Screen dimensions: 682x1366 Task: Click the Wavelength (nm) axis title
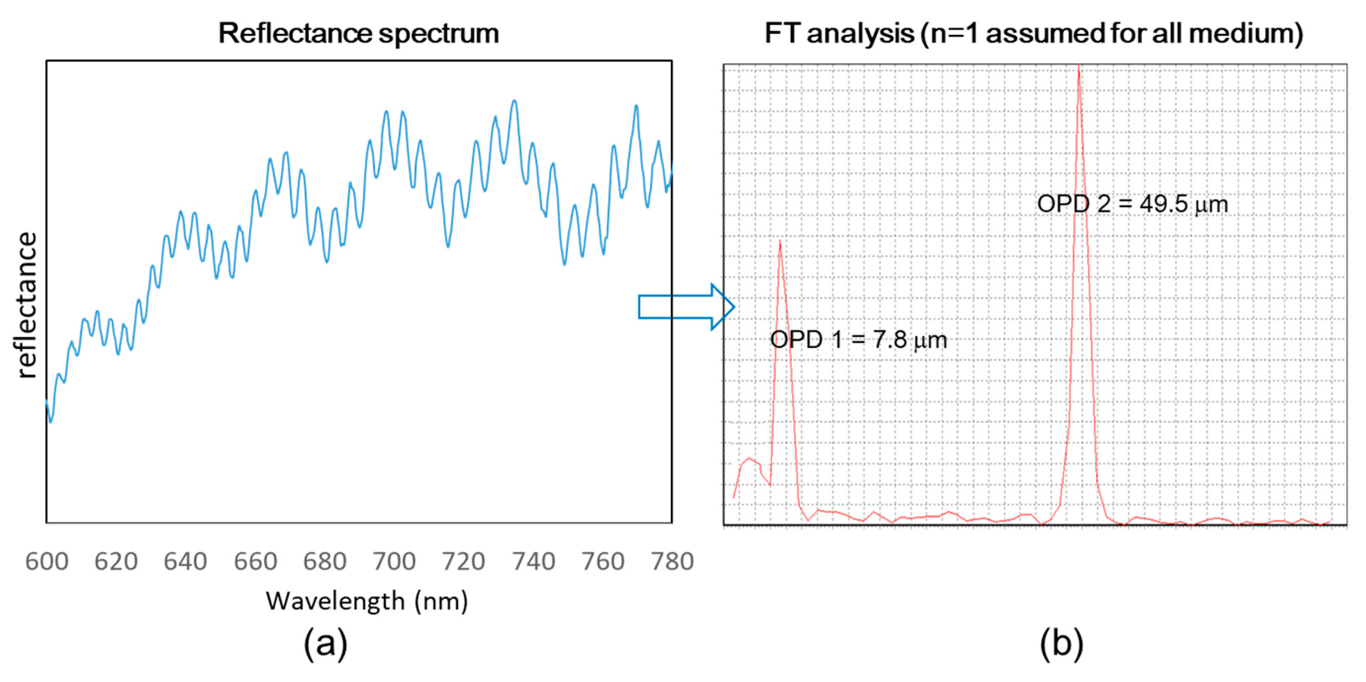(367, 601)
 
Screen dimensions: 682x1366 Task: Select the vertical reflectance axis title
(27, 305)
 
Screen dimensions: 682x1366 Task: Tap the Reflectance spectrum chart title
(359, 33)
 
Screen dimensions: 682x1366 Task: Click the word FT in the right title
(782, 33)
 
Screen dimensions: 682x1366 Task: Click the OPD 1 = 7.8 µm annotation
(858, 339)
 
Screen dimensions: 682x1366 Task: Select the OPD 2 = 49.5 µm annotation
(1132, 204)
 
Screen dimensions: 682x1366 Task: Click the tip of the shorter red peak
(780, 241)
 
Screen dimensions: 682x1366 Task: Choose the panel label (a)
(325, 643)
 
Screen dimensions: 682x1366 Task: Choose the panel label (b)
(1061, 643)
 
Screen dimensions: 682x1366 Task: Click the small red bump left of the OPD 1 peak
(749, 459)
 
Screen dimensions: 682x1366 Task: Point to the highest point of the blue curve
(514, 101)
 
